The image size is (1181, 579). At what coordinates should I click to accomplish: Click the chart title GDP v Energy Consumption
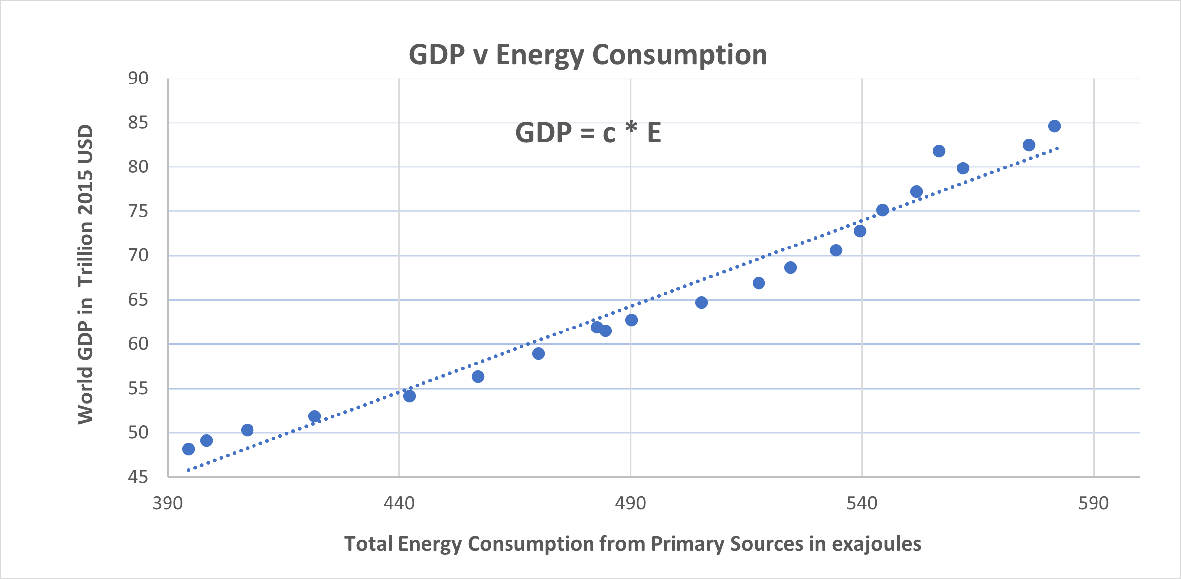(588, 55)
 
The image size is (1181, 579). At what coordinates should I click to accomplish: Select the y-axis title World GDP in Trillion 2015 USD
(85, 274)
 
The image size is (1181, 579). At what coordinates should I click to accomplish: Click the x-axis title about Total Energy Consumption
(632, 544)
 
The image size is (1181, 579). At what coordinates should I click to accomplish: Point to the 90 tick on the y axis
(138, 78)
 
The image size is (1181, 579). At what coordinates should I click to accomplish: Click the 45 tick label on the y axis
(138, 477)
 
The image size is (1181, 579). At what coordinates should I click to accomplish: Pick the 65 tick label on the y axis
(138, 300)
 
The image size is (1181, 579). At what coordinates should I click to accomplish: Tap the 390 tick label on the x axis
(168, 504)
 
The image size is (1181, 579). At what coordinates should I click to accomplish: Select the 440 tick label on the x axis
(399, 504)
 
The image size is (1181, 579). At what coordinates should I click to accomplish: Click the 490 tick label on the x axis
(630, 504)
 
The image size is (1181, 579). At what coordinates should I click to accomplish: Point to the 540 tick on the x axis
(862, 504)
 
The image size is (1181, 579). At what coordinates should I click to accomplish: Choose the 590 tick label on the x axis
(1094, 504)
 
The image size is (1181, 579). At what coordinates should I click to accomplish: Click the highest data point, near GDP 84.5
(1054, 126)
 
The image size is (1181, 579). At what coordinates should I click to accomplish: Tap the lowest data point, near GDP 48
(188, 449)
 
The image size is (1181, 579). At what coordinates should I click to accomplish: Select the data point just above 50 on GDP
(247, 430)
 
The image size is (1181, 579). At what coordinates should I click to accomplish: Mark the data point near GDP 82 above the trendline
(939, 151)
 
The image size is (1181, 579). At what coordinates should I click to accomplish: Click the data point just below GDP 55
(409, 396)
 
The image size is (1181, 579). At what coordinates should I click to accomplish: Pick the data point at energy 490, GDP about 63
(631, 320)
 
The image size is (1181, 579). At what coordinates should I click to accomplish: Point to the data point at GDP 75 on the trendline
(882, 210)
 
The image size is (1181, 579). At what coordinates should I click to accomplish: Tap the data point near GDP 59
(538, 354)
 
